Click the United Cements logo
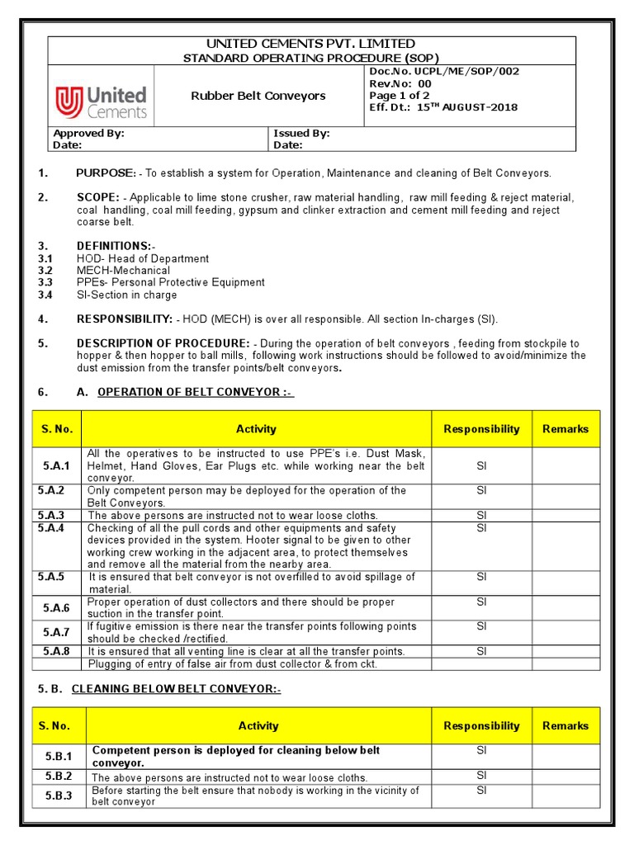pos(101,102)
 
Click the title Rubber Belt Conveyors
pos(258,96)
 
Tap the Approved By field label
pos(88,133)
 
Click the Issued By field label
pos(301,133)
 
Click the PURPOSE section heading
pos(106,173)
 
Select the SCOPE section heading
pos(97,198)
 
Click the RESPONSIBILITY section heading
pos(124,319)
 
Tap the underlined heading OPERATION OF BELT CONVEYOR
pos(196,392)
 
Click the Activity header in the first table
pos(256,429)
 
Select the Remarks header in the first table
pos(565,429)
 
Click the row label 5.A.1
pos(57,466)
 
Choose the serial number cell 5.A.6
pos(57,608)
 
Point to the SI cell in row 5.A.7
pos(481,627)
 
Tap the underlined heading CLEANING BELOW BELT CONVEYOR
pos(176,689)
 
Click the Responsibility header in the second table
pos(481,726)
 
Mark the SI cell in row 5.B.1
pos(481,751)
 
